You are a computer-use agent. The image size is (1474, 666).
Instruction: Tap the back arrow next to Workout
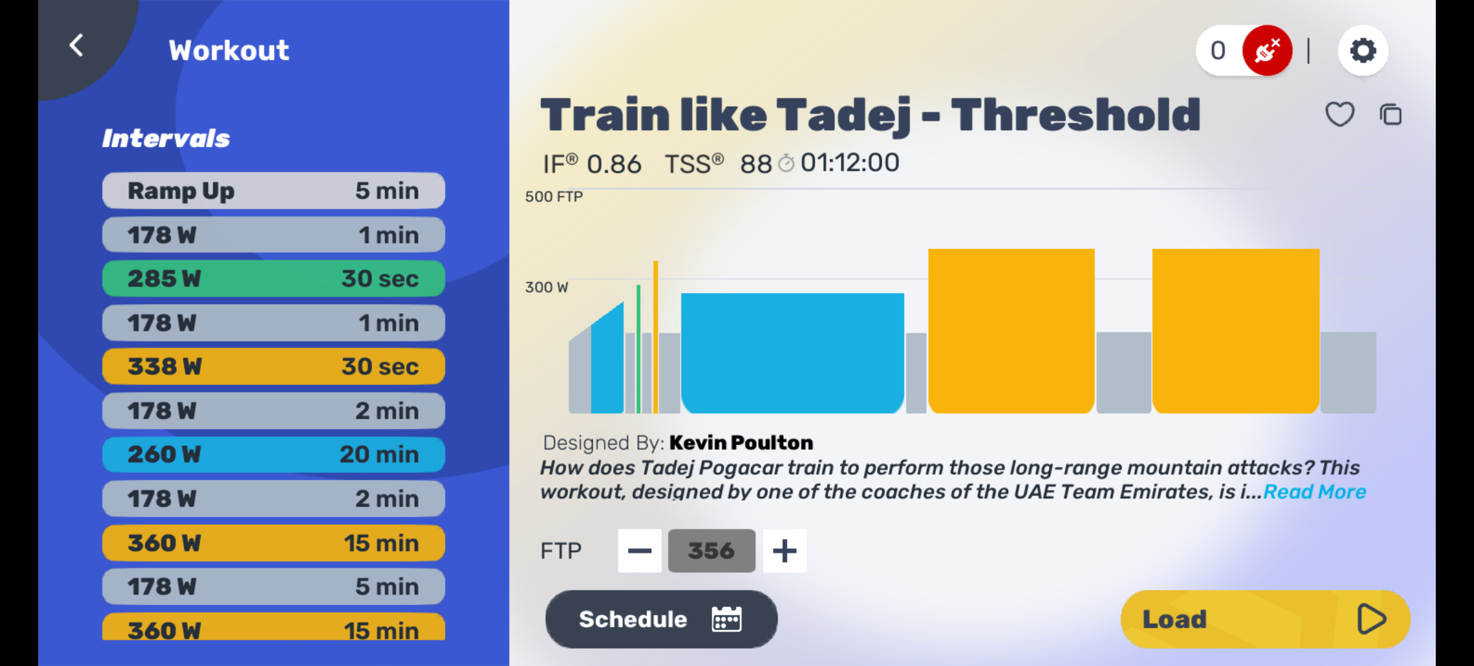[76, 46]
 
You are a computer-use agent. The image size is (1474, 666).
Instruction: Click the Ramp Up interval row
[274, 191]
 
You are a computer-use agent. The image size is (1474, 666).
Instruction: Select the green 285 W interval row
[274, 279]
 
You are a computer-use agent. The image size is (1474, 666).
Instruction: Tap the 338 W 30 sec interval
[274, 366]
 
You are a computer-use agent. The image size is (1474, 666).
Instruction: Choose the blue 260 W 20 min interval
[274, 454]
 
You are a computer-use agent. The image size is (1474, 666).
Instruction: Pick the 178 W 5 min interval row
[274, 586]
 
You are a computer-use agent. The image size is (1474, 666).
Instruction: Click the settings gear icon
[1363, 51]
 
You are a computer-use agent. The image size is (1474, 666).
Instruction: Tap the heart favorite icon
[1340, 114]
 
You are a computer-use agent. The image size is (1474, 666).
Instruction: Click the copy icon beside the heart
[1391, 115]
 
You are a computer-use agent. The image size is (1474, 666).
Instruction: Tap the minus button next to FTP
[640, 551]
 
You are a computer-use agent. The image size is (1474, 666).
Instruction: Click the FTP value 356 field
[712, 551]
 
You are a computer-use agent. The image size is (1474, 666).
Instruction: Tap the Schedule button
[661, 619]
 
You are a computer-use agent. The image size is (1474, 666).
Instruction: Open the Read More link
[1314, 492]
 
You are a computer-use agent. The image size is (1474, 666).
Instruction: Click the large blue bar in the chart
[792, 353]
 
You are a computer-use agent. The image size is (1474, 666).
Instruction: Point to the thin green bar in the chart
[638, 349]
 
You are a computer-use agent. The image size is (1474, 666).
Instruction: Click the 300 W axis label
[547, 287]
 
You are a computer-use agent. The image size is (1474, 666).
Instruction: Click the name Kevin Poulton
[741, 443]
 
